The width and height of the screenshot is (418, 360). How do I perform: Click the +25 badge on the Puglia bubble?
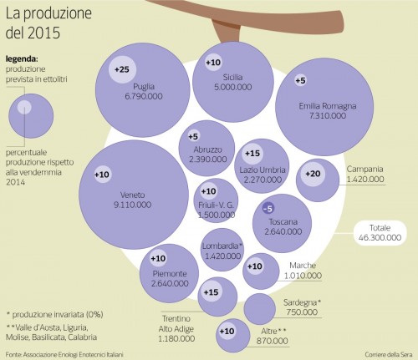point(122,69)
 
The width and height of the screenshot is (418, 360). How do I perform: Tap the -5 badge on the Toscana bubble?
point(268,209)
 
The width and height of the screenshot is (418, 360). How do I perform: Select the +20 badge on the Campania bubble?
point(313,174)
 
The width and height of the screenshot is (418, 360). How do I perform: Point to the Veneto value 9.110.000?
point(133,205)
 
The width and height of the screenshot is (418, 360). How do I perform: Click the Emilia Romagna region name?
point(328,106)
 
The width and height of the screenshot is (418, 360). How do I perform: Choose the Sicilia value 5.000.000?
point(233,87)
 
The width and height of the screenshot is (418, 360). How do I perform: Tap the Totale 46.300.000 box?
point(380,233)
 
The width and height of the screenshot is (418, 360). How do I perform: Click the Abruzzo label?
point(208,150)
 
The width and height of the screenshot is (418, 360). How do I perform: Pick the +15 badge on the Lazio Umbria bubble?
point(252,154)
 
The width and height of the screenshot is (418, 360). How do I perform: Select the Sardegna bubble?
point(260,309)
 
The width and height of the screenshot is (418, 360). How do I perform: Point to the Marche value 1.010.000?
point(303,276)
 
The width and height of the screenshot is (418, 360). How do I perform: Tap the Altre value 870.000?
point(273,341)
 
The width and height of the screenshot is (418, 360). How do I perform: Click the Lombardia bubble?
point(222,250)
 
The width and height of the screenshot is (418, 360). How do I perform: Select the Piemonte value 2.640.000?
point(170,284)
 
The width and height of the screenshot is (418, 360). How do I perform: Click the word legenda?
point(22,59)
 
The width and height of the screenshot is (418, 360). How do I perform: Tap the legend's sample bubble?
point(31,116)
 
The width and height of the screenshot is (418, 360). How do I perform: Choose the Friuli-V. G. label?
point(217,205)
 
